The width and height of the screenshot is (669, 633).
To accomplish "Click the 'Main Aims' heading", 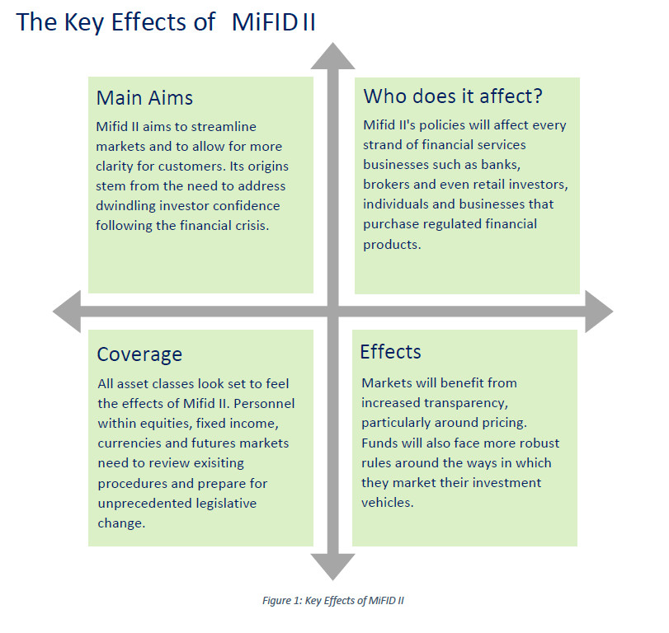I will [x=144, y=98].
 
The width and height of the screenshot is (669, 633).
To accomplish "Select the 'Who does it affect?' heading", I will [x=453, y=96].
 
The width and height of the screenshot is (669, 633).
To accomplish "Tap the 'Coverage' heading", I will [x=139, y=354].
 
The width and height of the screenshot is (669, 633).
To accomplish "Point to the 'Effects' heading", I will [x=390, y=352].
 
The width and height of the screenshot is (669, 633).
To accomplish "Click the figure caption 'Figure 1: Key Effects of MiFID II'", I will [x=333, y=600].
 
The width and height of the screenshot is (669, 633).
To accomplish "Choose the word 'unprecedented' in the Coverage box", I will [x=141, y=503].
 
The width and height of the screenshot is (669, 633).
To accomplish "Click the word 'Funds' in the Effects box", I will [x=379, y=443].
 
